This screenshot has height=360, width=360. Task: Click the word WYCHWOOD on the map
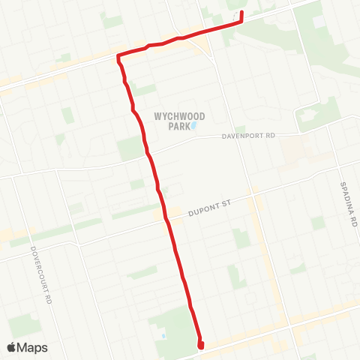point(179,116)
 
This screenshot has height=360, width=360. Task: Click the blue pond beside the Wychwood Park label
point(193,126)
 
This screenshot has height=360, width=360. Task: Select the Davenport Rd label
point(250,136)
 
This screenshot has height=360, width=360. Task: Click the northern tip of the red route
point(241,14)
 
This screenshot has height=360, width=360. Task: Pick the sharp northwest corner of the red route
point(118,56)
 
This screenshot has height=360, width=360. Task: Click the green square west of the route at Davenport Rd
point(129,148)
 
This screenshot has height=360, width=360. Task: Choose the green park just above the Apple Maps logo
point(24,324)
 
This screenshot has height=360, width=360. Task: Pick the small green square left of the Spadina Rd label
point(318,223)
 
